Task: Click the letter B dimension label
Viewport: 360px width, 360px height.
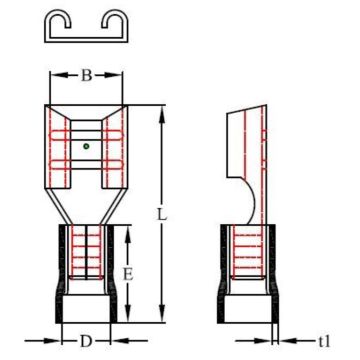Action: click(x=86, y=74)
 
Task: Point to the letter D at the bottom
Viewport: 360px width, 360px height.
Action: click(x=86, y=341)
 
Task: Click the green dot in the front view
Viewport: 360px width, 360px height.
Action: click(x=87, y=146)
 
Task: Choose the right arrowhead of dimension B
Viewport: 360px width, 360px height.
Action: click(x=121, y=75)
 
